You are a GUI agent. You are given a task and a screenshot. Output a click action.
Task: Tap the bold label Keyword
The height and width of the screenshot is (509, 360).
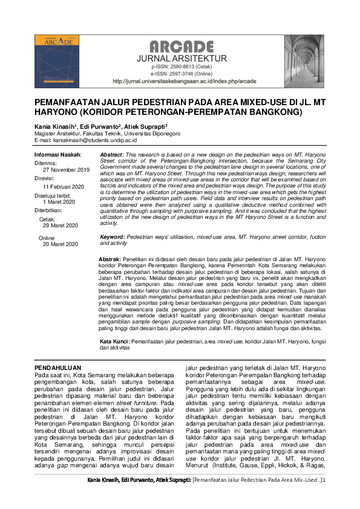113,238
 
